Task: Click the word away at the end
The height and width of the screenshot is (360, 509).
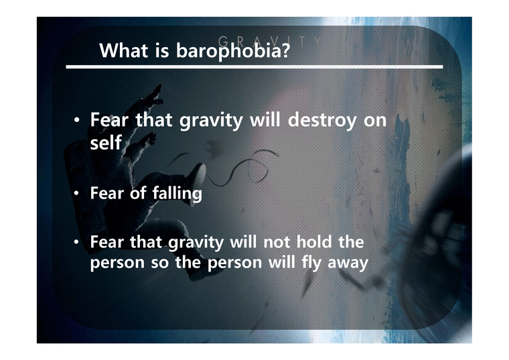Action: pos(347,262)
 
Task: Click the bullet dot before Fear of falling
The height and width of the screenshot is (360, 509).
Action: pos(77,195)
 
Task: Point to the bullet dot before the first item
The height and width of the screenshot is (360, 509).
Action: pos(77,123)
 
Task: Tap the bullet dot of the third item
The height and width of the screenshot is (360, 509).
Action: pos(77,241)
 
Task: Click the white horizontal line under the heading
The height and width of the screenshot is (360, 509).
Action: pos(254,67)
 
